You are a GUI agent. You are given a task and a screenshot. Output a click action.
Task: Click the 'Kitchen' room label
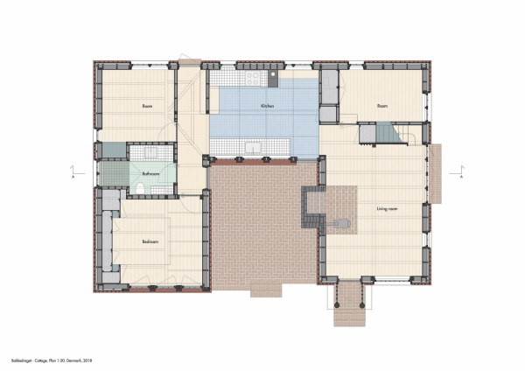pyautogui.click(x=268, y=106)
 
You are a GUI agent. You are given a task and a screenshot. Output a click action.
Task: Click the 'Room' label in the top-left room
pyautogui.click(x=147, y=106)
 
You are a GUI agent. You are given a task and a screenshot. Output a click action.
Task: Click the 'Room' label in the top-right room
pyautogui.click(x=381, y=106)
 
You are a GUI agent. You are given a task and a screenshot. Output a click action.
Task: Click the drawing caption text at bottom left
pyautogui.click(x=52, y=336)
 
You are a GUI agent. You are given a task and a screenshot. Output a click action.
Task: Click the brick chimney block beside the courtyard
pyautogui.click(x=313, y=204)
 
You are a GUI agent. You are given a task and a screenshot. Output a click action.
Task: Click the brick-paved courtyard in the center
pyautogui.click(x=262, y=223)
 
